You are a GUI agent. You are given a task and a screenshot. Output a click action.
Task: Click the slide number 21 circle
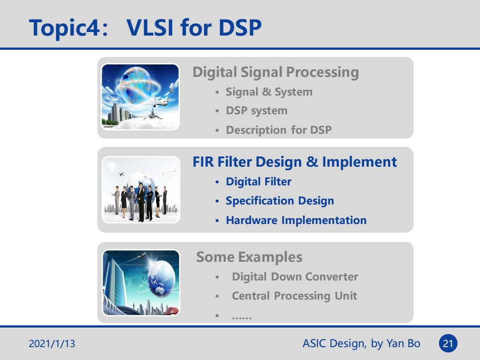(x=448, y=343)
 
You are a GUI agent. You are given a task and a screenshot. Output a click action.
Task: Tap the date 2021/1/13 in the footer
(x=52, y=344)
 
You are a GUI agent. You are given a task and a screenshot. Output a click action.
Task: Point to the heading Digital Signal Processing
(x=276, y=72)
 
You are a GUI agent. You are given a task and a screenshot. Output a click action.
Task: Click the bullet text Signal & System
(x=269, y=92)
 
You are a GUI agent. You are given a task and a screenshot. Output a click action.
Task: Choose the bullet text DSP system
(x=256, y=111)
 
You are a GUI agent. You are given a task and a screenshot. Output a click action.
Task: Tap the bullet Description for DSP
(x=279, y=130)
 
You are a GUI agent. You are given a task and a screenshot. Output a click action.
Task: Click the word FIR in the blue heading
(x=203, y=162)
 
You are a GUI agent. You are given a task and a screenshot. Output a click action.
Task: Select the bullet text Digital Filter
(x=258, y=181)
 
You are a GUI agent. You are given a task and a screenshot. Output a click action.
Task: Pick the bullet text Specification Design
(x=280, y=201)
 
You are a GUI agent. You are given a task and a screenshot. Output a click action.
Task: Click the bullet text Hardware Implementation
(x=296, y=220)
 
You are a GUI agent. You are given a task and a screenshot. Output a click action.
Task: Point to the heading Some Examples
(x=249, y=257)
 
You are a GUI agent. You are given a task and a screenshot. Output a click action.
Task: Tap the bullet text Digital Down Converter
(x=295, y=277)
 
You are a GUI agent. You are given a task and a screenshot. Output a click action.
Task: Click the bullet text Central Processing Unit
(x=294, y=296)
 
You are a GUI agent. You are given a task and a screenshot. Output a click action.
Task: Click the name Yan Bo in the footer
(x=403, y=344)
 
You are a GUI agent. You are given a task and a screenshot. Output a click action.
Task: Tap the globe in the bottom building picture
(x=161, y=279)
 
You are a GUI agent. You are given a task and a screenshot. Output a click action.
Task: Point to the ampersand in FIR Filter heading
(x=312, y=162)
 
